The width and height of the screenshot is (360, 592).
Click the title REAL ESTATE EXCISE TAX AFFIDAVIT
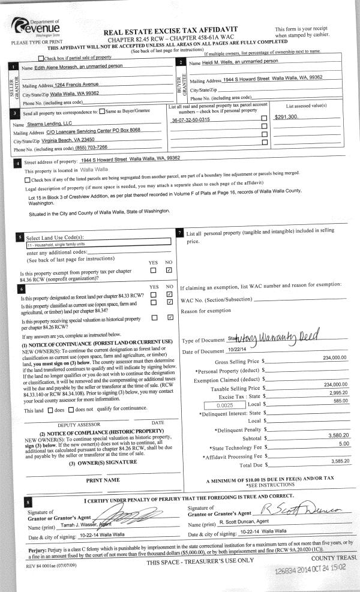click(170, 29)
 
